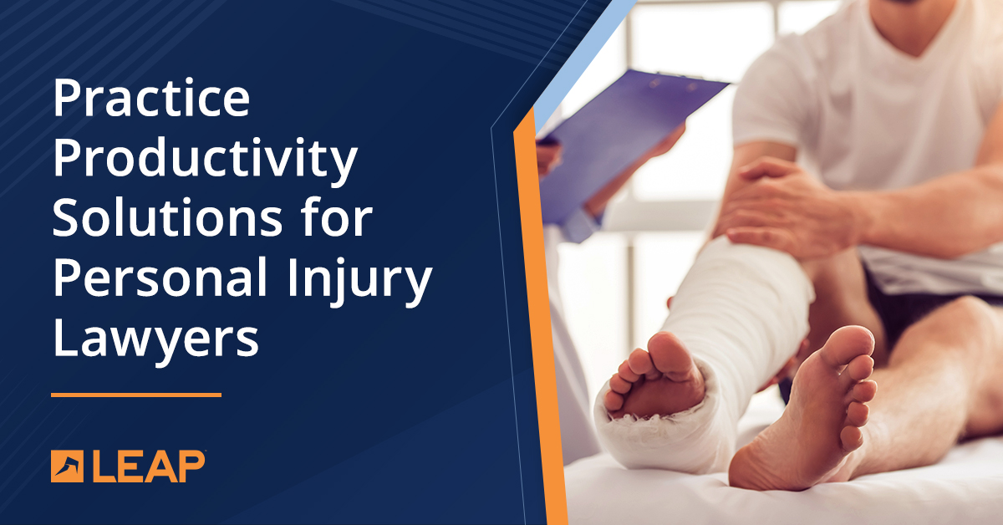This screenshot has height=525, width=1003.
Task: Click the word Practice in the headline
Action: point(151,99)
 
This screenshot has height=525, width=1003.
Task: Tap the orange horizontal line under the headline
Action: point(135,394)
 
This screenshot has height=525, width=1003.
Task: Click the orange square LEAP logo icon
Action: point(67,466)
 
